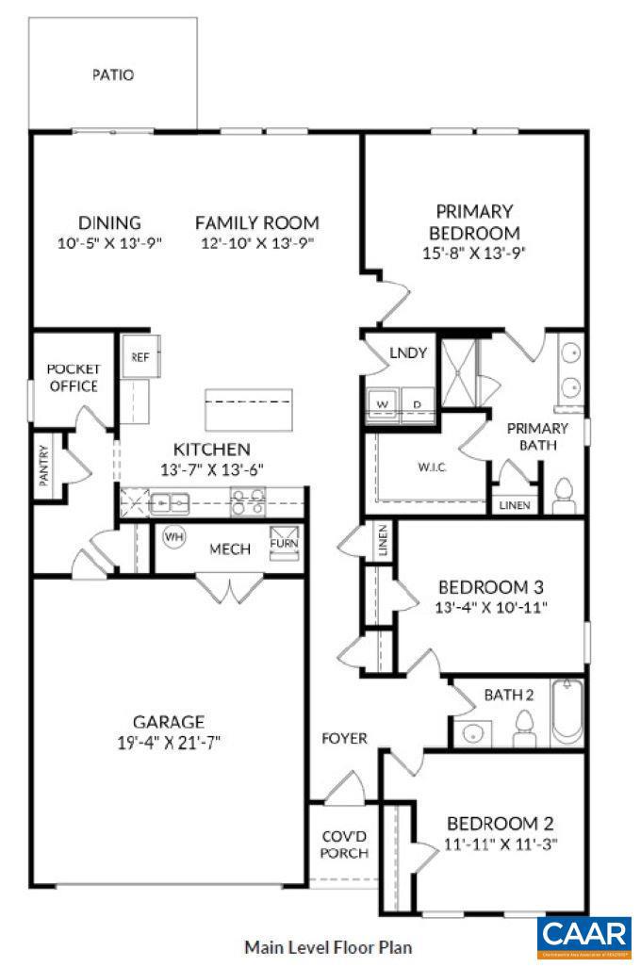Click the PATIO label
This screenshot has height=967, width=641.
tap(112, 74)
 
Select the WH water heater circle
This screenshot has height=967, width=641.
tap(173, 536)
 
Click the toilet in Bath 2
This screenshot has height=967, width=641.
tap(524, 727)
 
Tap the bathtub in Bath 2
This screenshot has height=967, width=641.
tap(567, 713)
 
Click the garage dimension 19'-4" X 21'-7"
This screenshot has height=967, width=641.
tap(170, 742)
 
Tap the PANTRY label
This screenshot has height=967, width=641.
tap(44, 465)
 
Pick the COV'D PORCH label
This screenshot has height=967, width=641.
tap(343, 844)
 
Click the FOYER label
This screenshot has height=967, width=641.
tap(344, 738)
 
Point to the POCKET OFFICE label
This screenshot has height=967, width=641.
tap(73, 377)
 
